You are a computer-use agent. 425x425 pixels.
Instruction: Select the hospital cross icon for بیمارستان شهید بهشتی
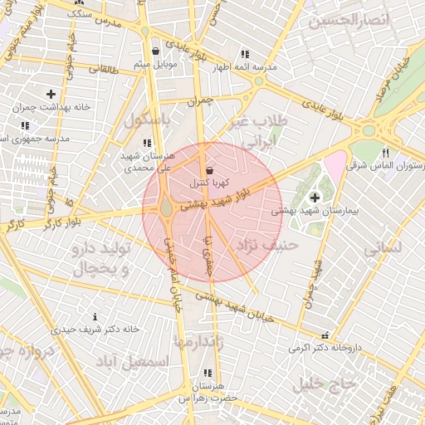click(x=315, y=198)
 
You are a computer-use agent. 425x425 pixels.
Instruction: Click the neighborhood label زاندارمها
click(x=196, y=341)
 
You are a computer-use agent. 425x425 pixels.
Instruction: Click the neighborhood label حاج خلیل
click(x=323, y=383)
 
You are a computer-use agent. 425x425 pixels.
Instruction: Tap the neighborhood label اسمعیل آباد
click(x=132, y=362)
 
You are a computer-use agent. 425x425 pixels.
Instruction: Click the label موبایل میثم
click(x=152, y=63)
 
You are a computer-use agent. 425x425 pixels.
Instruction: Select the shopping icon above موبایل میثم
click(x=155, y=51)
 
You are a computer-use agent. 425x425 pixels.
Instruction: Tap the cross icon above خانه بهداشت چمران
click(x=51, y=95)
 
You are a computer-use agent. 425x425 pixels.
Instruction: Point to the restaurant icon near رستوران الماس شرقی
click(x=385, y=154)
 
